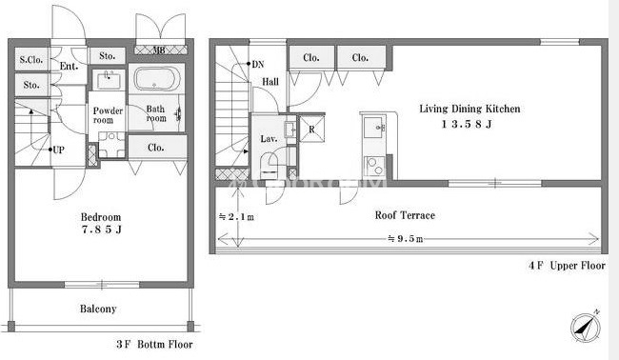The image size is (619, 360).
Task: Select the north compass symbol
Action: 586,327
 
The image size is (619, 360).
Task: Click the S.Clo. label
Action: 31,60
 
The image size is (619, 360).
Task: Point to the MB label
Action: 159,50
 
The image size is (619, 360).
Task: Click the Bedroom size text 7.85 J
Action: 102,230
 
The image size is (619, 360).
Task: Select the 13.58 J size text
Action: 467,125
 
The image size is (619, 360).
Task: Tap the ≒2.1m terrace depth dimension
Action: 236,217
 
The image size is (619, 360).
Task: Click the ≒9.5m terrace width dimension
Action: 405,239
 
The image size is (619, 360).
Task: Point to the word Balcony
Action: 98,309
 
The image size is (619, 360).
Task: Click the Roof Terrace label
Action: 405,215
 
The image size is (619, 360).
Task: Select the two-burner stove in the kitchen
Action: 374,166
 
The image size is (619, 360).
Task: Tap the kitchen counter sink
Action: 373,127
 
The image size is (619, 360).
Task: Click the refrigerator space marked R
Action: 311,129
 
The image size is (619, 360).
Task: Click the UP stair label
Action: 58,150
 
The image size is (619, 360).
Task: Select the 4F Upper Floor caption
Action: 567,266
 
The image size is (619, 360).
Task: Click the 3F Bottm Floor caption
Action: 154,344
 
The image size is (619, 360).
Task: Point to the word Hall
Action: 270,82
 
